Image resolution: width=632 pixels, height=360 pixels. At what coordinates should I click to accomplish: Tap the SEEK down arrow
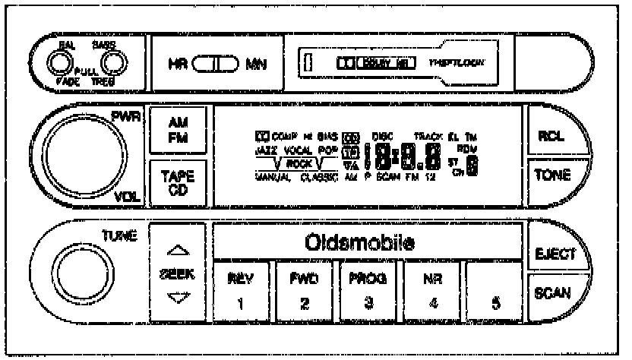174,297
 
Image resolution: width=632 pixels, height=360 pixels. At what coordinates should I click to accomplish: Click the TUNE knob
80,273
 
